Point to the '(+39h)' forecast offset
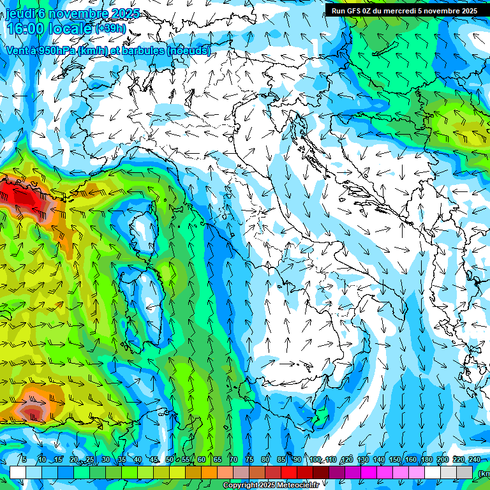(110, 29)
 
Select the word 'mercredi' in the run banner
(411, 11)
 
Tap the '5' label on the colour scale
(24, 459)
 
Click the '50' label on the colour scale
(169, 459)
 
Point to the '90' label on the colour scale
(297, 459)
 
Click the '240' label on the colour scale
(475, 459)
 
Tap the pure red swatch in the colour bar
(289, 472)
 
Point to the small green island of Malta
(323, 416)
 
